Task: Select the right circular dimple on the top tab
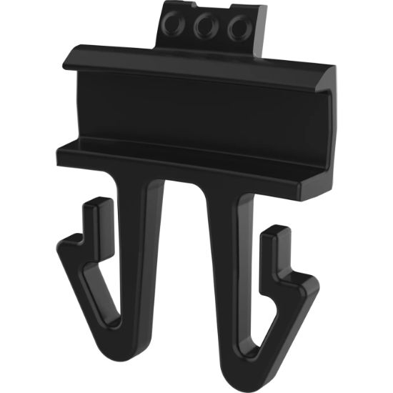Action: point(237,29)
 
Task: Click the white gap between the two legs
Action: point(184,272)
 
